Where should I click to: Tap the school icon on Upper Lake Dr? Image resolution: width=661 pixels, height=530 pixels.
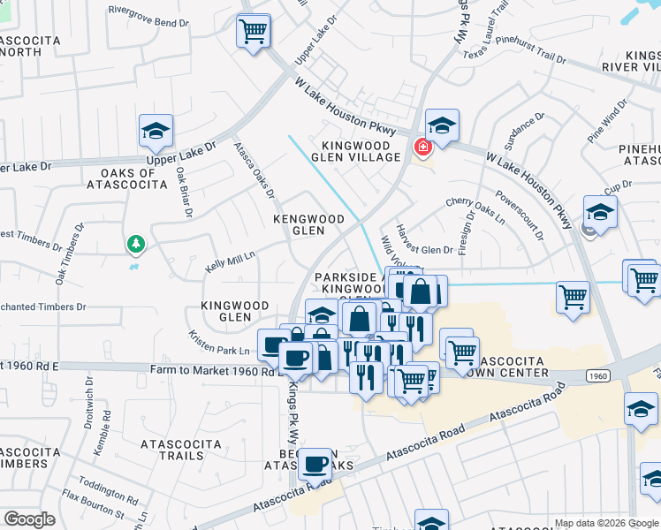[156, 132]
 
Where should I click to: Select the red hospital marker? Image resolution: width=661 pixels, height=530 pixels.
[422, 147]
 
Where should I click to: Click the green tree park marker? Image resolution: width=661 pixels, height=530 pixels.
[134, 243]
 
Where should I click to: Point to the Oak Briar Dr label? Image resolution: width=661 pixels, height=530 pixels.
[184, 193]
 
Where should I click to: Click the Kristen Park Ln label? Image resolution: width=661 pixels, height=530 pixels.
[218, 344]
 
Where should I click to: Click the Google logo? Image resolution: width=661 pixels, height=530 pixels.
[30, 519]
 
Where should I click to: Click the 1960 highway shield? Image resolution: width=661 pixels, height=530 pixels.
[597, 376]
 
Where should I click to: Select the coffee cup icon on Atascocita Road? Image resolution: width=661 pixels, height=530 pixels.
[315, 464]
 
